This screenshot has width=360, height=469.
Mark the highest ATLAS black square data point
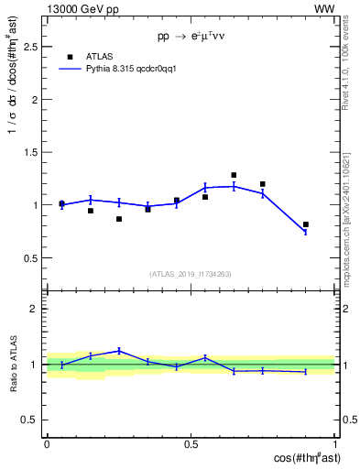point(234,175)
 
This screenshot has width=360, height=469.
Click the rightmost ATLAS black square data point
point(306,224)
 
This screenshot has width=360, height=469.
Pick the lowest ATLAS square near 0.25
point(119,219)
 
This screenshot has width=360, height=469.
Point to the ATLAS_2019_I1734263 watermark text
point(190,273)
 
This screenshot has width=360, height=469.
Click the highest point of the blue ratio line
point(119,350)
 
